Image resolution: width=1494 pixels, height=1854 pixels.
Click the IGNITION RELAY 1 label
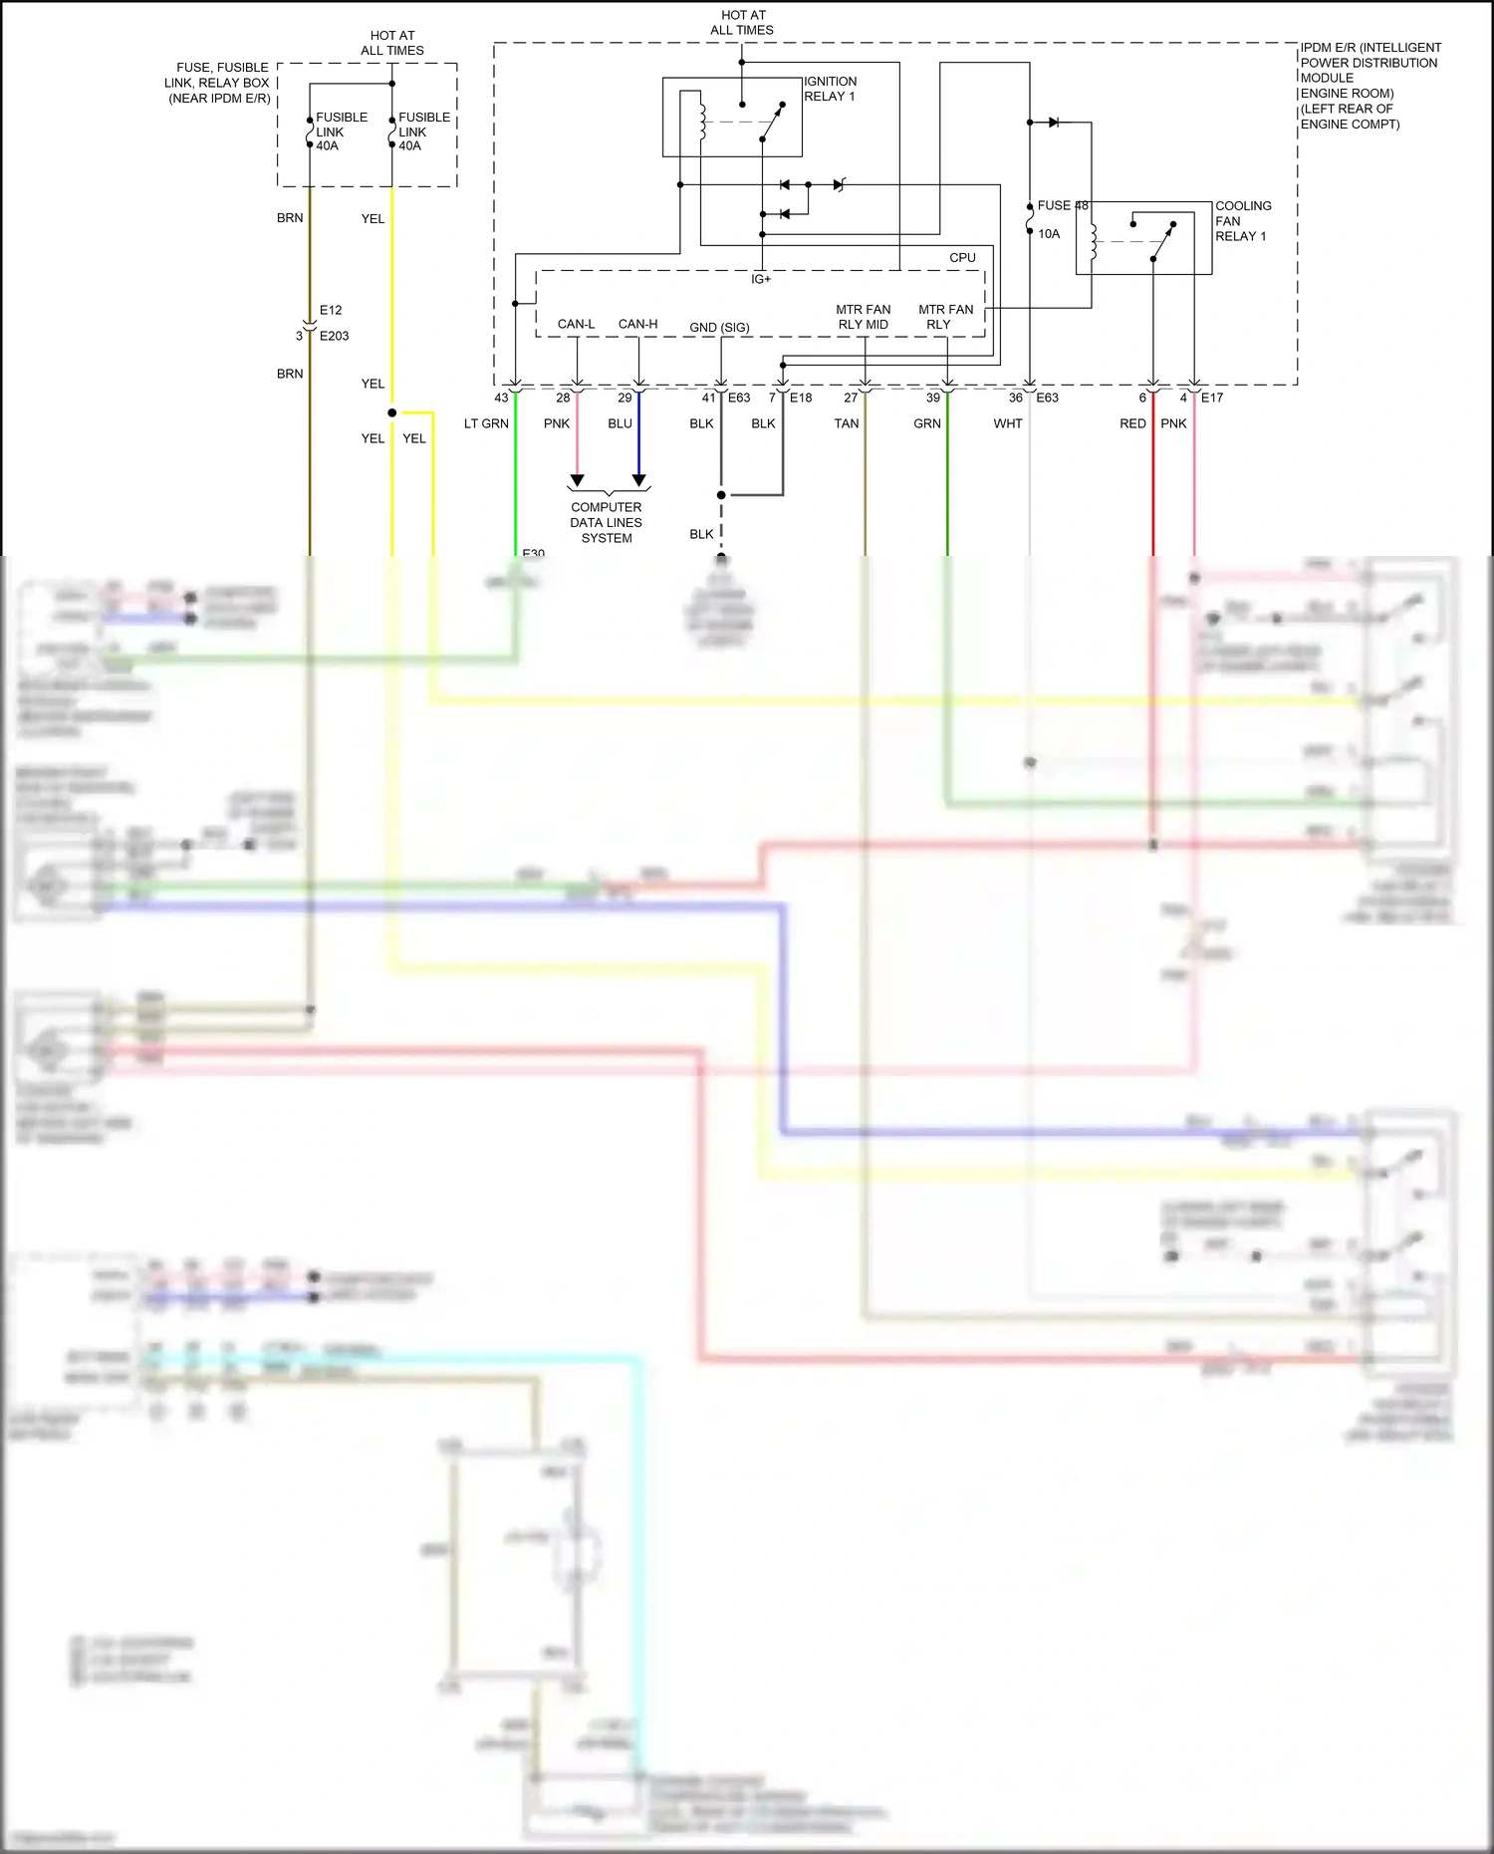[830, 89]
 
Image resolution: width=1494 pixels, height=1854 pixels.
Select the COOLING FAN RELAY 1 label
[1242, 221]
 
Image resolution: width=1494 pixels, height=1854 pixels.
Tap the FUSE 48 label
[1062, 205]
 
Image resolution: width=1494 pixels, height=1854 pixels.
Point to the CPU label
[962, 258]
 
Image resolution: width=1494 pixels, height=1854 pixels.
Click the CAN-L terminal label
[576, 324]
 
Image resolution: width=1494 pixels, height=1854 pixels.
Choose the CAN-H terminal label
[637, 324]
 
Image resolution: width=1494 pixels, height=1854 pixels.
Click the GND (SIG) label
[719, 328]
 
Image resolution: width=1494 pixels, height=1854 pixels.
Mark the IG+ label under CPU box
[761, 280]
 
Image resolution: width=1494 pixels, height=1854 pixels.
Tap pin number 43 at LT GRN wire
[501, 397]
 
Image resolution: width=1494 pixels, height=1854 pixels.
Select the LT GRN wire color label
[486, 423]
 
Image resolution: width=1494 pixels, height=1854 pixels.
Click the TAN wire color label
[846, 423]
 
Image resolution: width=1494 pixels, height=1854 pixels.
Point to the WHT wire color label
[1007, 423]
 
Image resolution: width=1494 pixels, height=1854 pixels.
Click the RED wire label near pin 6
[1132, 423]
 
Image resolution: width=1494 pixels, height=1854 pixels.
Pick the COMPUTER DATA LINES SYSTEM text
[607, 522]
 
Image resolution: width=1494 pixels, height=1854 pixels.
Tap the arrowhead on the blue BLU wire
[639, 480]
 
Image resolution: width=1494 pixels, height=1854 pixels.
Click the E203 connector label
[334, 336]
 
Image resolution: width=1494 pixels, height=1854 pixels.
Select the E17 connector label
[1211, 397]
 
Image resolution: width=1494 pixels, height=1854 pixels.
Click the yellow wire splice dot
[392, 412]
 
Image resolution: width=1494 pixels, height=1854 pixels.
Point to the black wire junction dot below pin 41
[721, 495]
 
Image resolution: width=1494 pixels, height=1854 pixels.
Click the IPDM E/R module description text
[1369, 86]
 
